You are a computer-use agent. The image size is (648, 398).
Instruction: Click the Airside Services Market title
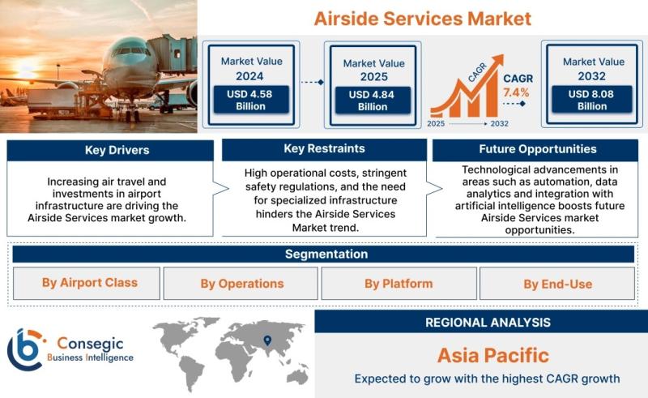(x=422, y=19)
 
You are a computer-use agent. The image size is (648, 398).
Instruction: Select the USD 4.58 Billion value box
(x=251, y=100)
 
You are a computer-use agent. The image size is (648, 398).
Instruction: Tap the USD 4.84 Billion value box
(x=373, y=101)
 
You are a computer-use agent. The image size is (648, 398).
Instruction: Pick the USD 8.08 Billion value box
(x=592, y=100)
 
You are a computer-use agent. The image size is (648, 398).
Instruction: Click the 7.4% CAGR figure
(x=516, y=92)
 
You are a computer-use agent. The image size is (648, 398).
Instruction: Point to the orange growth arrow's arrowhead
(x=498, y=61)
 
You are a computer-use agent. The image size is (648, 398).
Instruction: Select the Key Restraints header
(x=325, y=149)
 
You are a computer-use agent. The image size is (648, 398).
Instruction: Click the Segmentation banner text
(x=326, y=254)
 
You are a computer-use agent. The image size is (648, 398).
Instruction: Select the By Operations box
(x=241, y=284)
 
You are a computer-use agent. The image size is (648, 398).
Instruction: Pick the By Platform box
(x=399, y=284)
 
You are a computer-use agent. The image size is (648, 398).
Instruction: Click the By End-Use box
(x=557, y=284)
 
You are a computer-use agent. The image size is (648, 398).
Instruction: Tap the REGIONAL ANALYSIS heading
(x=488, y=323)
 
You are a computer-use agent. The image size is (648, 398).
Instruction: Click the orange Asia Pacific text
(x=493, y=355)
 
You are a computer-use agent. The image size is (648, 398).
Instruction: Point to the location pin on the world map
(x=268, y=340)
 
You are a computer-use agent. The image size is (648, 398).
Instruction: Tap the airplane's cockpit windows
(x=130, y=52)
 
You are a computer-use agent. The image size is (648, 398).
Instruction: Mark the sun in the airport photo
(x=26, y=67)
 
